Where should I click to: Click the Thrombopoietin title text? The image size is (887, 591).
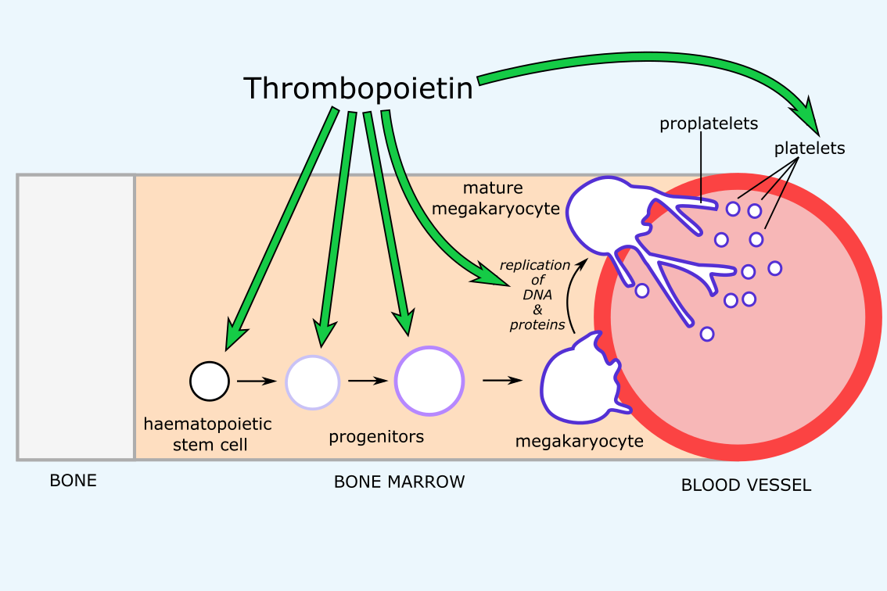click(x=358, y=88)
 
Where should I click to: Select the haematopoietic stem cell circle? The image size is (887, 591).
click(x=210, y=381)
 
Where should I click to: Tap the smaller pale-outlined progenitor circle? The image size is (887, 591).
click(x=313, y=382)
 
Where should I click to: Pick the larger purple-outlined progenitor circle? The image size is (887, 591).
click(x=429, y=381)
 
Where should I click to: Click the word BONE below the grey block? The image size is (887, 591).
click(x=74, y=481)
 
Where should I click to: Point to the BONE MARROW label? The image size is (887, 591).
click(x=399, y=482)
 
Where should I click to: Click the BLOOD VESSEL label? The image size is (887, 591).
click(x=746, y=485)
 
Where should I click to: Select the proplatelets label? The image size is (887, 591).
click(x=709, y=124)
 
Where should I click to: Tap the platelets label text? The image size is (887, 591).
click(x=810, y=148)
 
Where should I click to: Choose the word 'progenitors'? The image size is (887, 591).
click(x=376, y=436)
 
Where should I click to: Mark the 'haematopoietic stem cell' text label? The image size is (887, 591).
click(x=207, y=434)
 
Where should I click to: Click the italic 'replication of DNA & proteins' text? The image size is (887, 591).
click(x=535, y=295)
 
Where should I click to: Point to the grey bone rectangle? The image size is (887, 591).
click(x=76, y=317)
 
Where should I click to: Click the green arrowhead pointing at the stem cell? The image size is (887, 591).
click(x=235, y=335)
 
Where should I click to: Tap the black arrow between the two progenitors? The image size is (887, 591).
click(x=368, y=381)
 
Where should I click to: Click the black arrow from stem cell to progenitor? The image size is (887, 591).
click(x=257, y=381)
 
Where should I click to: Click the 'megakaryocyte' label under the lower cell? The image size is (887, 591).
click(x=579, y=442)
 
